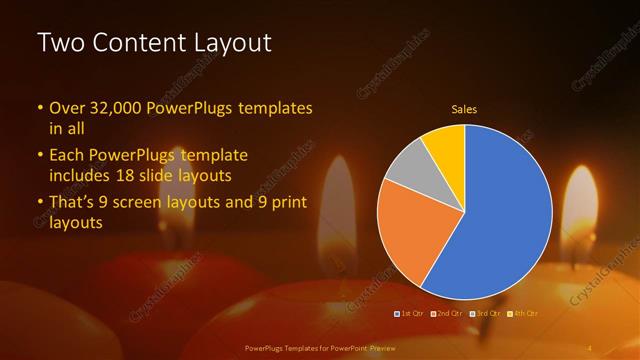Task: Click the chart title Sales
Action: pos(464,108)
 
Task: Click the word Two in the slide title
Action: pos(57,43)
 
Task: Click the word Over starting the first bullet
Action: pos(67,107)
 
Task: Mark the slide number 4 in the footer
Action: pos(589,347)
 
